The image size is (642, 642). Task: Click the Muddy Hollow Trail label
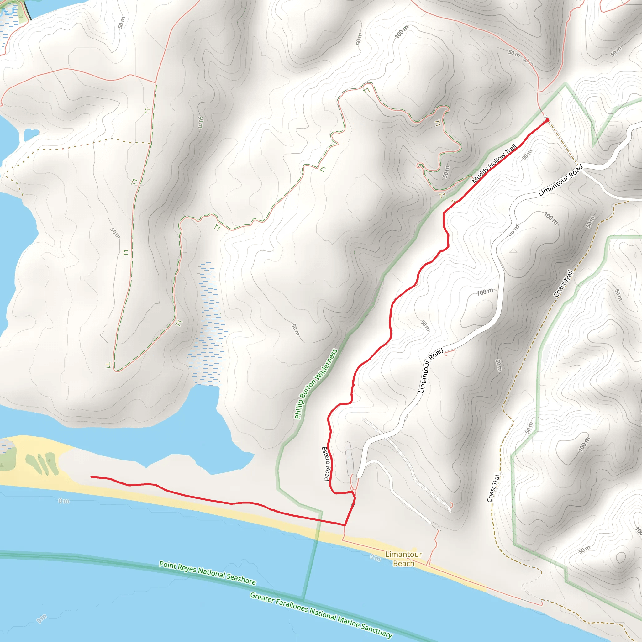click(494, 164)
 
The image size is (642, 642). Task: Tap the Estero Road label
click(326, 464)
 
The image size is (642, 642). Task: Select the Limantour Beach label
click(403, 559)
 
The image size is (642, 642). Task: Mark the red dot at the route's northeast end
click(547, 120)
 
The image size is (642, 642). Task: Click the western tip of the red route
click(92, 477)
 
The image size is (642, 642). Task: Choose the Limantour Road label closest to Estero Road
click(431, 370)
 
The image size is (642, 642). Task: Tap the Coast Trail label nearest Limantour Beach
click(493, 488)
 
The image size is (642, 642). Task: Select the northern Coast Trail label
click(564, 283)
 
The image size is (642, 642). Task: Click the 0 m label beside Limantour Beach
click(375, 558)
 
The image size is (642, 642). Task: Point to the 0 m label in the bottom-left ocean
click(42, 619)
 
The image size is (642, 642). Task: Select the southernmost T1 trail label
click(108, 366)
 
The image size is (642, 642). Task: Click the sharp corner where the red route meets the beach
click(345, 525)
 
